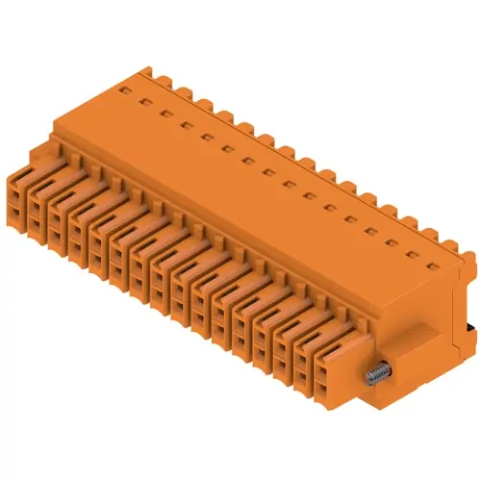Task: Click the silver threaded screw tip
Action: tap(370, 372)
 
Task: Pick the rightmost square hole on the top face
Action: tap(416, 257)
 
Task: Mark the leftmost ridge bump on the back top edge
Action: tap(144, 73)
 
